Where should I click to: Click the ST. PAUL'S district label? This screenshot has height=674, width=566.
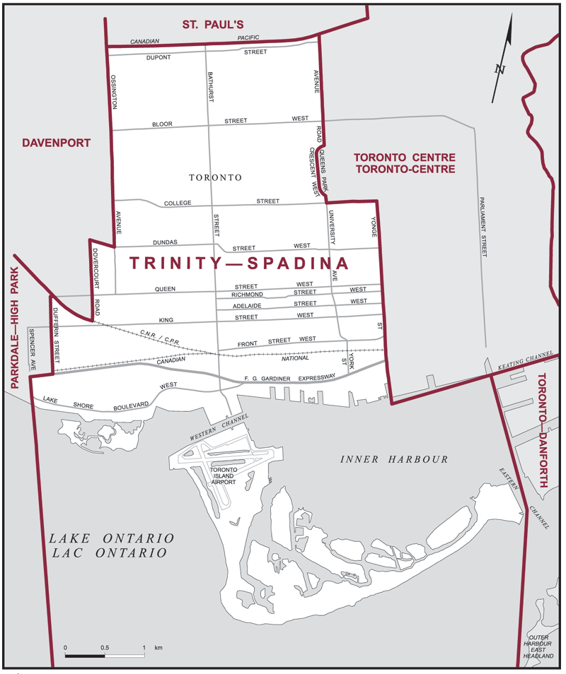(212, 25)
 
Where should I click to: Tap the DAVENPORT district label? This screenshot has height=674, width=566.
(56, 143)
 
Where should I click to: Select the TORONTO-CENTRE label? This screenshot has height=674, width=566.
(404, 170)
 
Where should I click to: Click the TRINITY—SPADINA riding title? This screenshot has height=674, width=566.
(239, 264)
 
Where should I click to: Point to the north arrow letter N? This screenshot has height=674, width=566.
(500, 69)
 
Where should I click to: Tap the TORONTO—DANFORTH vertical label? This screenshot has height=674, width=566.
(544, 432)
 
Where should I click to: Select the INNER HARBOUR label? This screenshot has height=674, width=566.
(394, 459)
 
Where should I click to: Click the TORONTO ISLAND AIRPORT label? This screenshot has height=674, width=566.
(222, 475)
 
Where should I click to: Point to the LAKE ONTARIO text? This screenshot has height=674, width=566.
(111, 538)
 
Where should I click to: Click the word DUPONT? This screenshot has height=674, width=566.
(158, 58)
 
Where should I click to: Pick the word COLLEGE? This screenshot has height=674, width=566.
(178, 203)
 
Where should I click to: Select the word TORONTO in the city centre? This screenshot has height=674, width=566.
(215, 177)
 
